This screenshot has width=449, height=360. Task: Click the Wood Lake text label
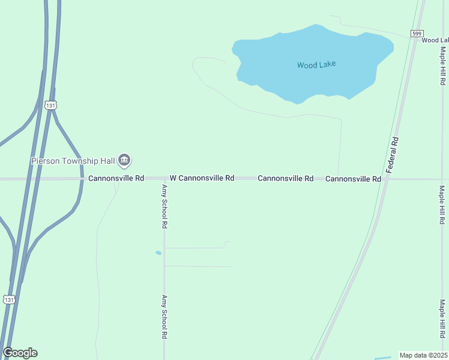pyautogui.click(x=316, y=65)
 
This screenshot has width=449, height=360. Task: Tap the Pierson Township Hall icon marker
pyautogui.click(x=124, y=160)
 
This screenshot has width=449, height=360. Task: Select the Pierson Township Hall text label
pyautogui.click(x=74, y=161)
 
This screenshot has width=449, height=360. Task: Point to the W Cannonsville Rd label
pyautogui.click(x=202, y=178)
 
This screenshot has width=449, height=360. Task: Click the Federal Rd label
pyautogui.click(x=393, y=155)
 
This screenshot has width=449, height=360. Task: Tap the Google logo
pyautogui.click(x=20, y=353)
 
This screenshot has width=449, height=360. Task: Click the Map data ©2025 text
pyautogui.click(x=423, y=355)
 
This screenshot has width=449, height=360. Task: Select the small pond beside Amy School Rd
pyautogui.click(x=158, y=253)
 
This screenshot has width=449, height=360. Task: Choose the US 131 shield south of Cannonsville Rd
pyautogui.click(x=8, y=299)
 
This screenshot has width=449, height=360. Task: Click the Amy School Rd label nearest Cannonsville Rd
pyautogui.click(x=164, y=206)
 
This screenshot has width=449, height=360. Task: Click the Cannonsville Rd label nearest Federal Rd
pyautogui.click(x=353, y=179)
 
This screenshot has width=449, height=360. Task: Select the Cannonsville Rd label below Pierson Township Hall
pyautogui.click(x=116, y=178)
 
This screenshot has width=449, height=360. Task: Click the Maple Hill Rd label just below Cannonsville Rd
pyautogui.click(x=442, y=204)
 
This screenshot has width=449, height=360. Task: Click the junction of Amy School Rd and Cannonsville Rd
pyautogui.click(x=164, y=179)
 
